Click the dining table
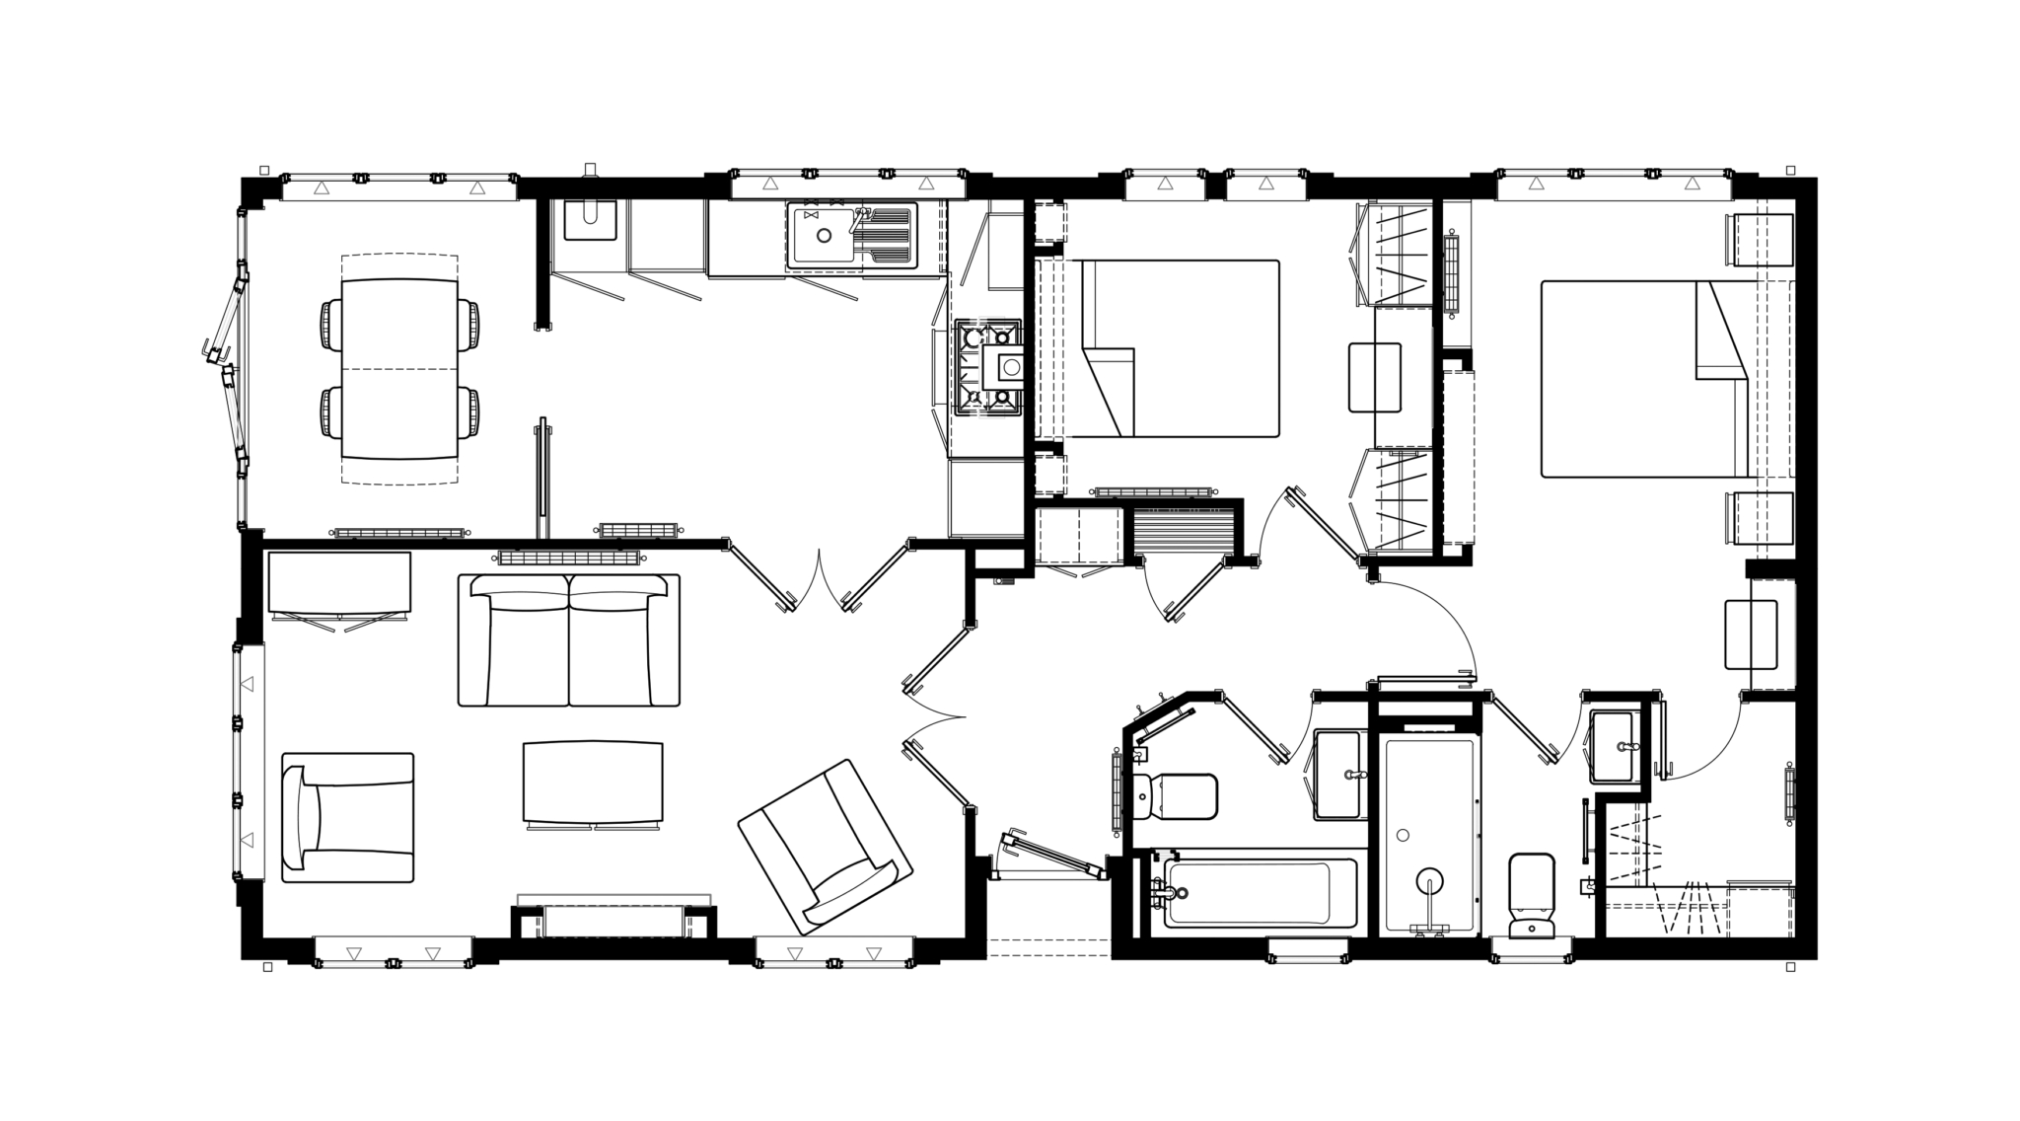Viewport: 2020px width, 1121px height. pyautogui.click(x=399, y=368)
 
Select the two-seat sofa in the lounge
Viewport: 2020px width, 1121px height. pyautogui.click(x=569, y=641)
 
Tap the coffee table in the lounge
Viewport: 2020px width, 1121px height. pyautogui.click(x=593, y=783)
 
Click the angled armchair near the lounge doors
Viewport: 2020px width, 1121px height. pyautogui.click(x=825, y=847)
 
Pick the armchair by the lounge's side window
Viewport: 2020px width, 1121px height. pyautogui.click(x=347, y=817)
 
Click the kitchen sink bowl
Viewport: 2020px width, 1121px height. pyautogui.click(x=824, y=236)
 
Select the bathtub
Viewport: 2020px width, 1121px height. pyautogui.click(x=1247, y=893)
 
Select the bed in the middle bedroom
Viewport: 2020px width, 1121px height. pyautogui.click(x=1179, y=348)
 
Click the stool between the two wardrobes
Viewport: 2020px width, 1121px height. pyautogui.click(x=1375, y=377)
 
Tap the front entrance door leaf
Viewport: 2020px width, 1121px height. pyautogui.click(x=1051, y=855)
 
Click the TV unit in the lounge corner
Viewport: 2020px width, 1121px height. pyautogui.click(x=338, y=583)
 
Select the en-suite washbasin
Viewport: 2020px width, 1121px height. pyautogui.click(x=1614, y=747)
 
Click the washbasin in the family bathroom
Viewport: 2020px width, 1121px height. pyautogui.click(x=1338, y=775)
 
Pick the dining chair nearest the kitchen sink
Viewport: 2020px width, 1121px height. pyautogui.click(x=470, y=325)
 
